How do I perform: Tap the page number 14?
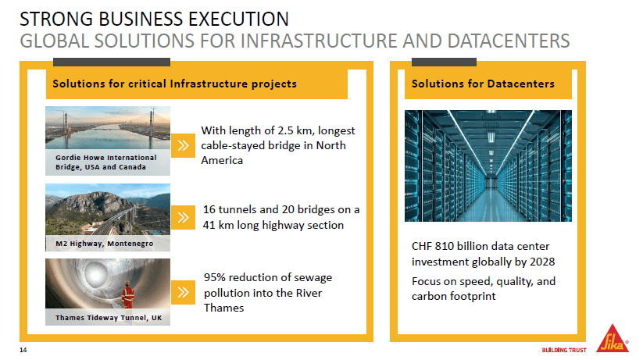click(x=23, y=348)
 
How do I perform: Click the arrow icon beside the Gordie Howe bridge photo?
click(x=183, y=144)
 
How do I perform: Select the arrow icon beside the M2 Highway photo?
click(x=183, y=217)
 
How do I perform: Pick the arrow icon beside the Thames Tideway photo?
click(x=183, y=292)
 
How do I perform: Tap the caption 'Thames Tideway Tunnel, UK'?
click(x=105, y=318)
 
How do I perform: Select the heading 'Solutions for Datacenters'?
click(x=483, y=84)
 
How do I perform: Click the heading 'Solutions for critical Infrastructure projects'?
click(x=174, y=84)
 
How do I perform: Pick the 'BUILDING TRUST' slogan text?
click(x=564, y=349)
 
